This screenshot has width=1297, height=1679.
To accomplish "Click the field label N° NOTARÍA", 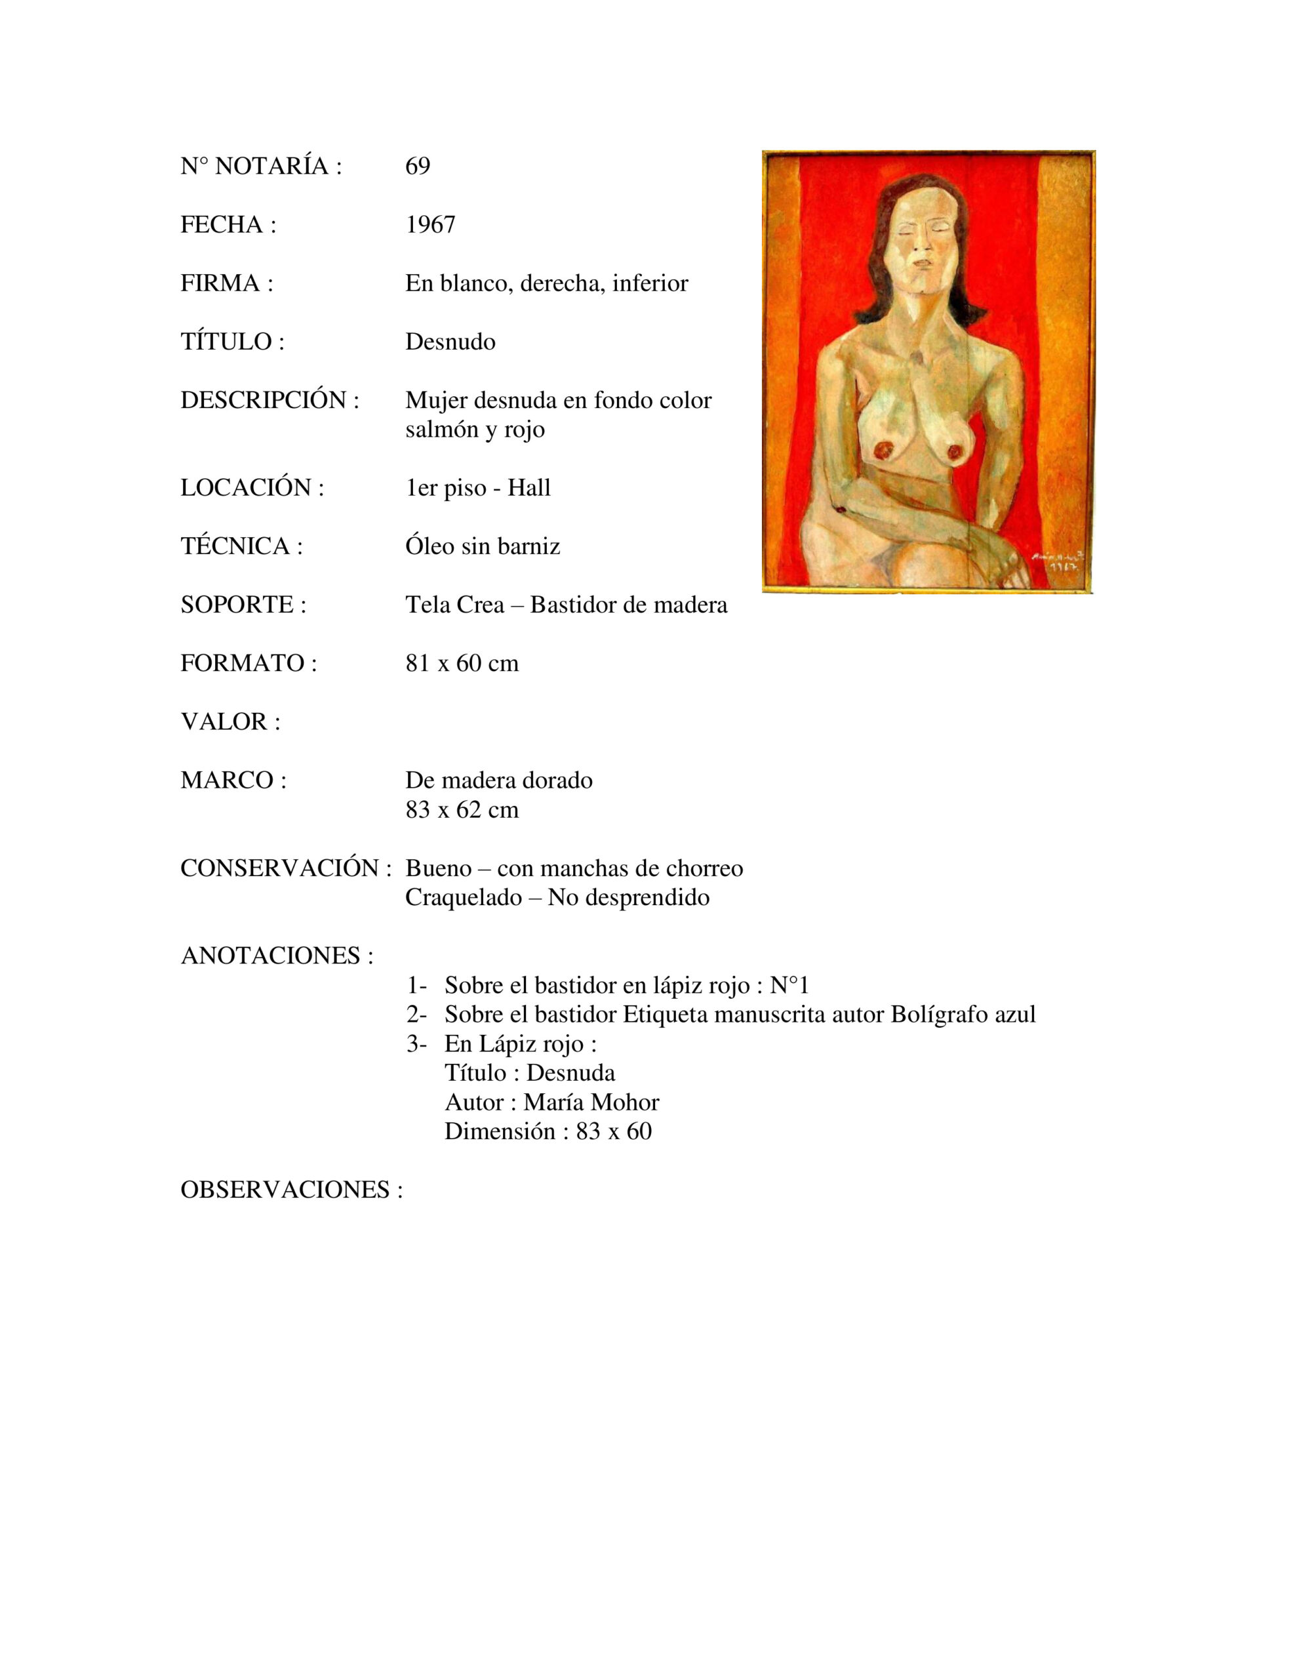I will pos(260,166).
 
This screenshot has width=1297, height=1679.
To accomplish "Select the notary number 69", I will pos(418,166).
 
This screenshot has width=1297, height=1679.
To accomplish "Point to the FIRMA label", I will pos(226,284).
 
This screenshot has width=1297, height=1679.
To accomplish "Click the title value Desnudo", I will pos(450,342).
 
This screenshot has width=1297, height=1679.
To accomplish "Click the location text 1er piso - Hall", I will pos(477,488).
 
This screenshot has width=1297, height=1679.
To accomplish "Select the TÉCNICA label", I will pos(241,546).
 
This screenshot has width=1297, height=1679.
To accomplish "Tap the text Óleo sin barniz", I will pos(482,546).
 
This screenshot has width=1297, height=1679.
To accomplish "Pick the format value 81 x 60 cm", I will pos(461,664).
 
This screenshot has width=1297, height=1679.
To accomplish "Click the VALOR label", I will pos(230,722).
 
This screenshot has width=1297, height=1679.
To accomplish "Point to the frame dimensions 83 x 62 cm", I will pos(461,810).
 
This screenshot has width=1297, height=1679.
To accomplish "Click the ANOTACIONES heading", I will pos(277,956).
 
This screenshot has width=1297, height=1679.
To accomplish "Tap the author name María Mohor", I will pos(590,1103).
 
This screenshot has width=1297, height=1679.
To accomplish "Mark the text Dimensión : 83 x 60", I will pos(548,1131).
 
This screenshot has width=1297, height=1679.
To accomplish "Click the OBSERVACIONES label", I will pos(291,1190).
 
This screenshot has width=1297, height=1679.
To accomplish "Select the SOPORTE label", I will pos(243,605).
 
